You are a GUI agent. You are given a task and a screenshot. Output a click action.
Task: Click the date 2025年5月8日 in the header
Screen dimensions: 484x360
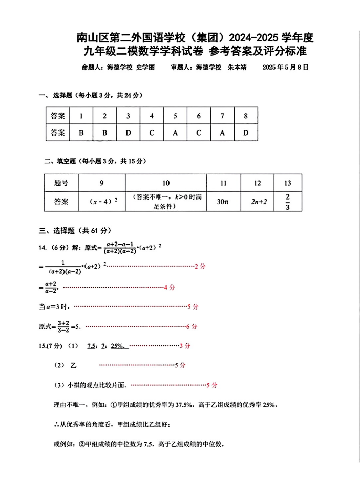[285, 67]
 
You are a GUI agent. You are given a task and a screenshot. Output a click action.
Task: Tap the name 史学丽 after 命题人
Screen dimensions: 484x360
[145, 67]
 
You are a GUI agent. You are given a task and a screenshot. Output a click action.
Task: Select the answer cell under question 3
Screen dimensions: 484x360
[128, 133]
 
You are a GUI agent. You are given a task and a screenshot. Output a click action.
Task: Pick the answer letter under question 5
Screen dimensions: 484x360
[175, 133]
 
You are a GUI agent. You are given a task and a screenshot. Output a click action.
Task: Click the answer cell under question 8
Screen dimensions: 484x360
[246, 133]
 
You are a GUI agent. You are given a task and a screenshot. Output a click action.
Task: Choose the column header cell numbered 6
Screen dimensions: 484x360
[199, 116]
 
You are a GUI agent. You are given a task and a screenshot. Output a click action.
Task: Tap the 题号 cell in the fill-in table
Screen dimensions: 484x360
[61, 183]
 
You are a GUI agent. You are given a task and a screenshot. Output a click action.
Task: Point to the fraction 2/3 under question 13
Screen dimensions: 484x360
[288, 202]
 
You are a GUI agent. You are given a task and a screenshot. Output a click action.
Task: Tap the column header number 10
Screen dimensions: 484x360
[166, 183]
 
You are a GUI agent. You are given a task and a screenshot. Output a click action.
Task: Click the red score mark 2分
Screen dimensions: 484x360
[200, 266]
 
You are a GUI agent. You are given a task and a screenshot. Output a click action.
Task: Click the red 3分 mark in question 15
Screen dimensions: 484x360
[185, 346]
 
